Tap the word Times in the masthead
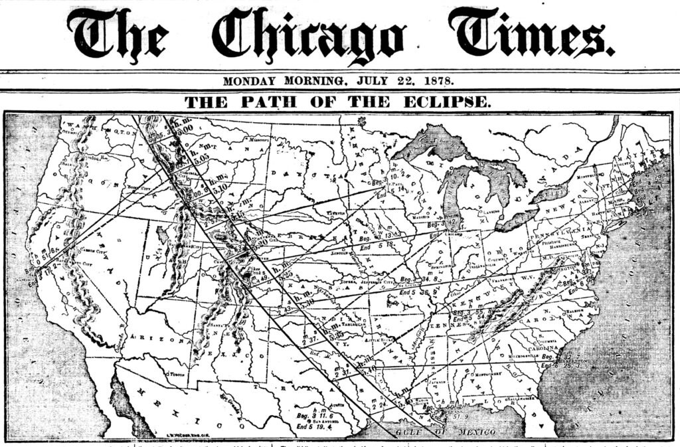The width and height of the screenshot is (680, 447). coord(528,33)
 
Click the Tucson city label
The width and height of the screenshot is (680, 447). coord(178,373)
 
